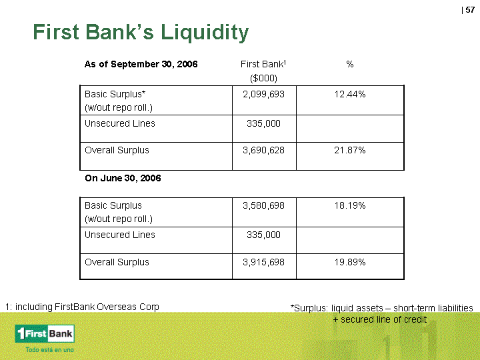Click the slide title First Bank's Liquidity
point(141,33)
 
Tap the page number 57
point(470,10)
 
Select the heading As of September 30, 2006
point(141,64)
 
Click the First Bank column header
point(263,64)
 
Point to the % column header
point(350,64)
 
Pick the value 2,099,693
point(263,94)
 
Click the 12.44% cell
point(350,94)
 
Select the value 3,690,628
point(263,150)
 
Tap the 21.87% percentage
point(350,150)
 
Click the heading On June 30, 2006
point(123,178)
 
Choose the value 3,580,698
point(263,205)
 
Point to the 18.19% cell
point(350,205)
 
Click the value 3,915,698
point(263,262)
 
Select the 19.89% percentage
point(350,262)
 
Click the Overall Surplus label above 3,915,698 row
point(117,262)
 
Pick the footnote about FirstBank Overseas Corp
point(82,307)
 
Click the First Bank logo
point(45,334)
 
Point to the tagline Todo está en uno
point(49,349)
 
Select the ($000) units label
point(263,79)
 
